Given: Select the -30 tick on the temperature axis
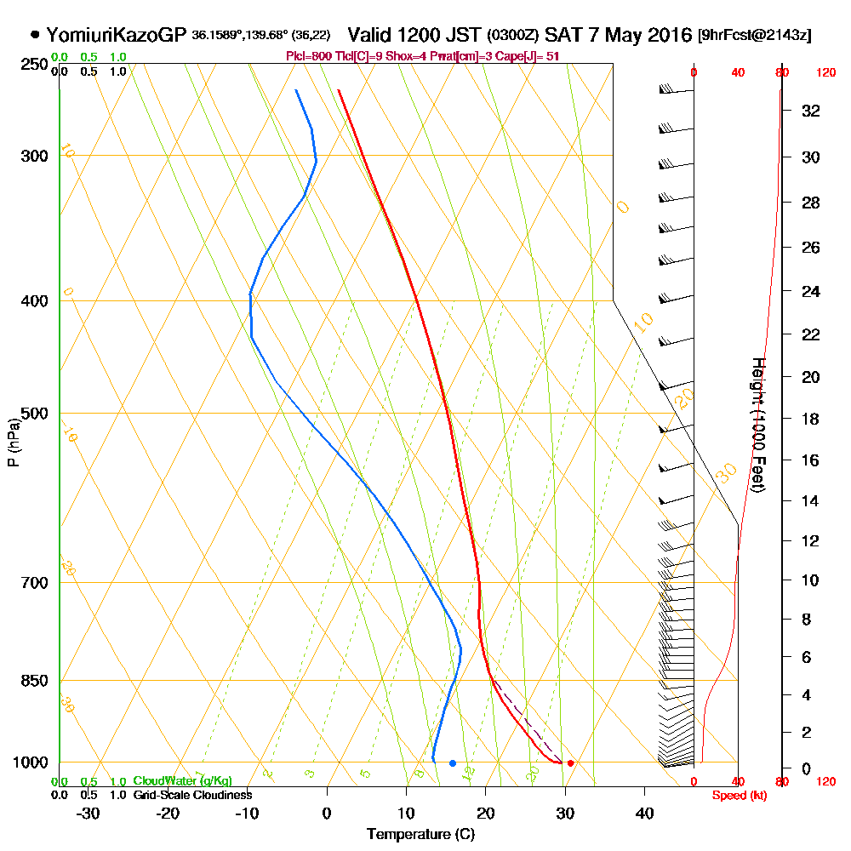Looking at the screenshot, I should pyautogui.click(x=89, y=813).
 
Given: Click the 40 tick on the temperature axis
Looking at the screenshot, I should pyautogui.click(x=644, y=813).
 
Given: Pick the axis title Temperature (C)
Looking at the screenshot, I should pyautogui.click(x=420, y=835).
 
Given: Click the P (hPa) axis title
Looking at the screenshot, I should pyautogui.click(x=13, y=442).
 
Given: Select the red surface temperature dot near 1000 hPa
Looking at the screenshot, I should pyautogui.click(x=570, y=762).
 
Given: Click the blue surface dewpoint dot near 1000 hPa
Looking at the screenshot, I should pyautogui.click(x=453, y=762).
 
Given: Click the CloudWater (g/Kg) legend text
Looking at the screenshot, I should pyautogui.click(x=182, y=781).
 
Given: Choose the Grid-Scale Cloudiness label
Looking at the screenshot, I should pyautogui.click(x=191, y=795).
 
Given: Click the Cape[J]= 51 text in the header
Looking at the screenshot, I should pyautogui.click(x=531, y=55).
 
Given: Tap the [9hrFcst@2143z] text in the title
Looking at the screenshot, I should pyautogui.click(x=754, y=36).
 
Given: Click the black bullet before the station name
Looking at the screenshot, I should pyautogui.click(x=35, y=36).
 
